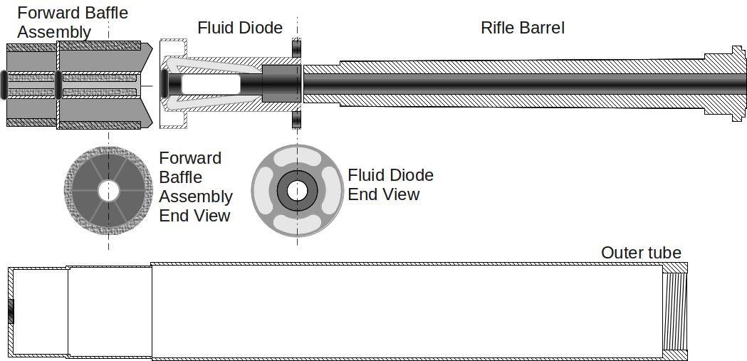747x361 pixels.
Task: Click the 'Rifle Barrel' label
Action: coord(523,28)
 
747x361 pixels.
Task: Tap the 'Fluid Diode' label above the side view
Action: coord(240,28)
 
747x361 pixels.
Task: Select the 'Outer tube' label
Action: coord(641,253)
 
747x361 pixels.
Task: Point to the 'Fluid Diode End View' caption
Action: coord(390,184)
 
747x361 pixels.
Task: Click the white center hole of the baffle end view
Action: coord(108,190)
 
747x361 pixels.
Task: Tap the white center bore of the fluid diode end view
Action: coord(298,190)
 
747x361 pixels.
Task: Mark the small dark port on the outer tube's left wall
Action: coord(11,311)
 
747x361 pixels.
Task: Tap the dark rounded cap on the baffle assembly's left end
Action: coord(4,83)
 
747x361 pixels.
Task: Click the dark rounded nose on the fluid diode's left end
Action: coord(165,83)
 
